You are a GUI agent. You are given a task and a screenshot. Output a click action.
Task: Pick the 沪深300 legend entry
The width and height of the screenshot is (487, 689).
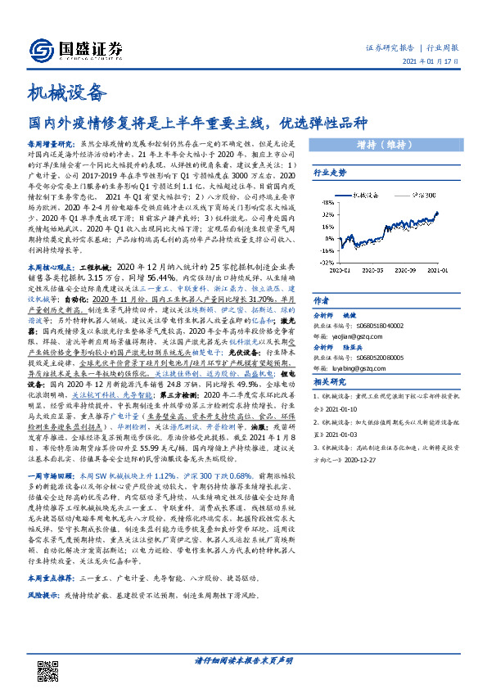point(417,196)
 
